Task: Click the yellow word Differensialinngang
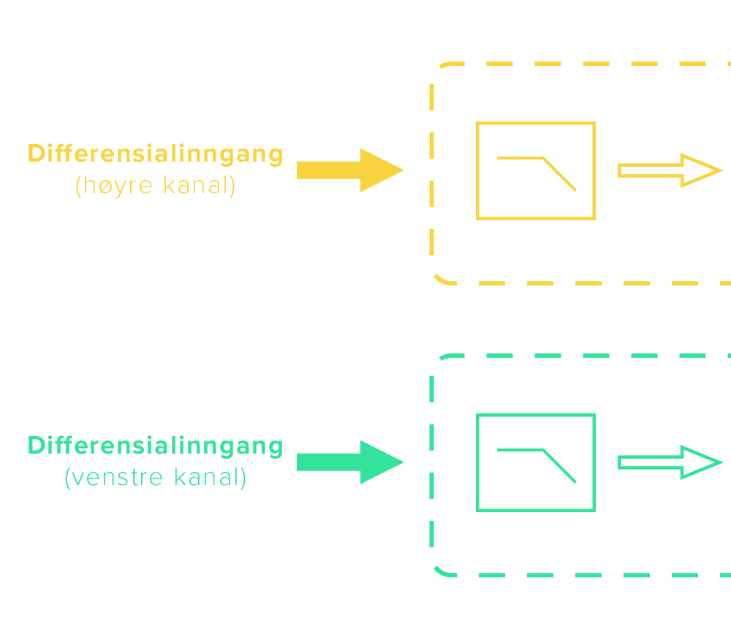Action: coord(155,154)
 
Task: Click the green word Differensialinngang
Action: coord(155,446)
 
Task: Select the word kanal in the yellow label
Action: coord(195,187)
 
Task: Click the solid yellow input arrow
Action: coord(344,170)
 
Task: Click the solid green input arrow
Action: coord(344,462)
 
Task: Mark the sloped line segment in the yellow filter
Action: coord(560,175)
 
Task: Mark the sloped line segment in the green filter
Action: coord(560,467)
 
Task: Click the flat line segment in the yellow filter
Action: coord(520,158)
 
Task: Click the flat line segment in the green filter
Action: coord(520,450)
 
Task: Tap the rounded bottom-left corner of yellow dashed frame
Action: coord(440,279)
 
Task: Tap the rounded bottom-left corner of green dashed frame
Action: coord(440,571)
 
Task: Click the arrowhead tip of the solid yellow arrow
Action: coord(402,170)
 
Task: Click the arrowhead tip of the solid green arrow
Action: coord(402,462)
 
